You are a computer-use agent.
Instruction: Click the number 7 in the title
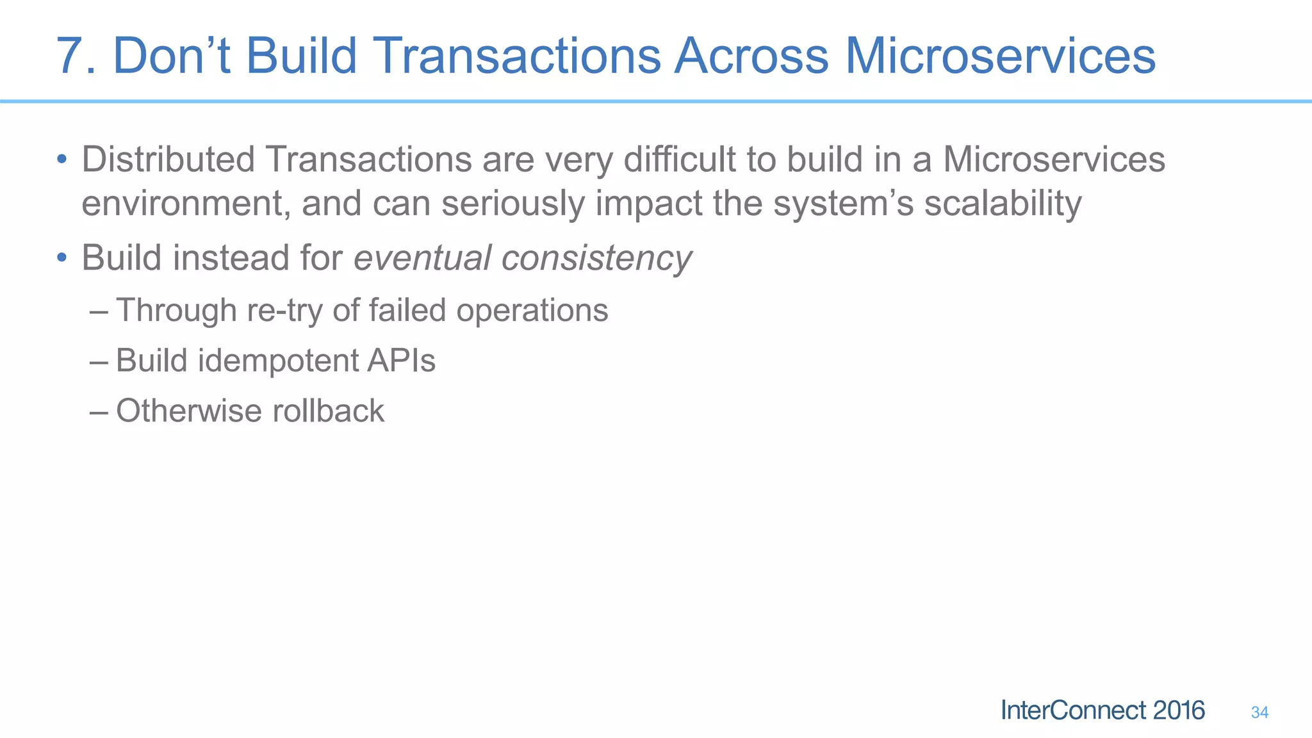(72, 56)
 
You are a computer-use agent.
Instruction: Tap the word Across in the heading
(751, 56)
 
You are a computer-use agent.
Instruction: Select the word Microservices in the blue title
(1000, 56)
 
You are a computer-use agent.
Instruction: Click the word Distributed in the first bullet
(168, 160)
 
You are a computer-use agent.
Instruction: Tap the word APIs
(401, 361)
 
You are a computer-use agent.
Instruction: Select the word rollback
(328, 411)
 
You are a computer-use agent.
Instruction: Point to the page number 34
(1259, 712)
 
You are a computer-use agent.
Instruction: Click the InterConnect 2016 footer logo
(1103, 710)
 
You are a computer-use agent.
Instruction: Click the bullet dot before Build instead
(61, 258)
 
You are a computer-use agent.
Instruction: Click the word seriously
(512, 204)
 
